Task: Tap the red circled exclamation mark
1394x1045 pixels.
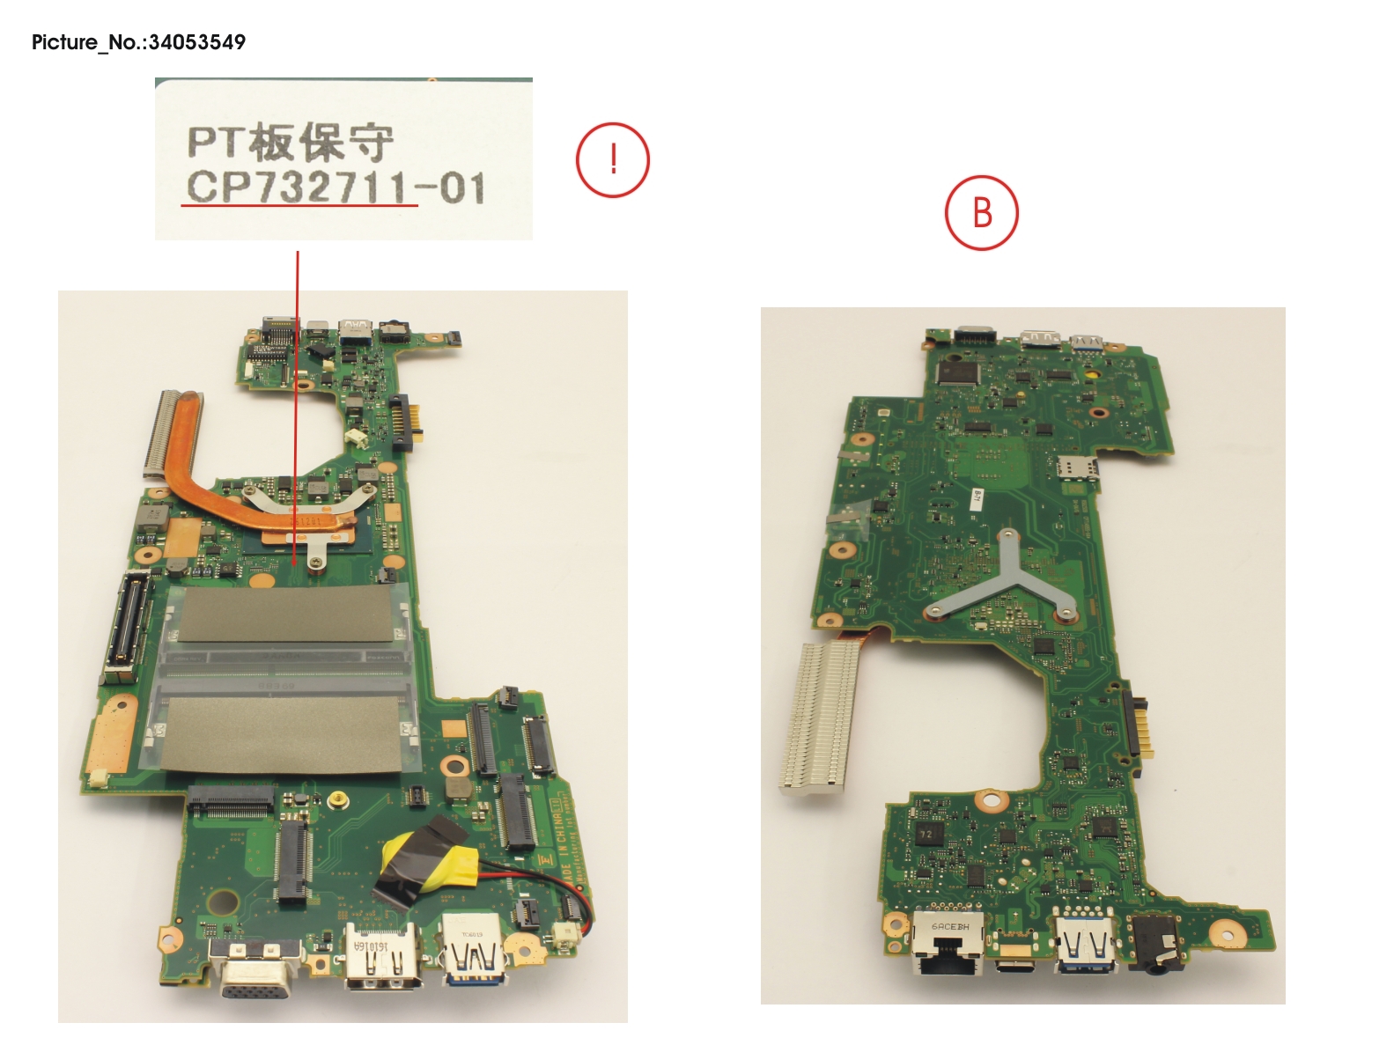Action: coord(613,160)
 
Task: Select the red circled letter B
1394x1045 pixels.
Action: coord(981,213)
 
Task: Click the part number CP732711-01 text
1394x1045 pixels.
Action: coord(336,188)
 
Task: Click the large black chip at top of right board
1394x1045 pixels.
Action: coord(957,372)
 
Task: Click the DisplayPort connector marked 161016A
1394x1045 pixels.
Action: coord(381,957)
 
